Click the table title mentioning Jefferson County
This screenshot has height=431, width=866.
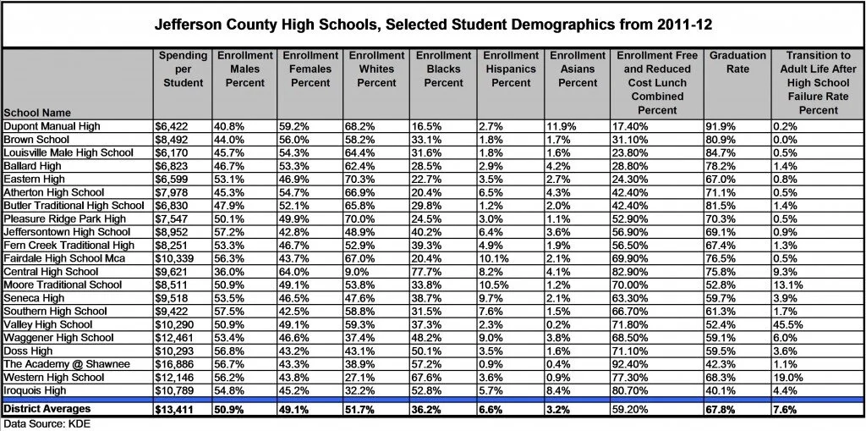pyautogui.click(x=432, y=25)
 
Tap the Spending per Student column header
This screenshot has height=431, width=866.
pyautogui.click(x=183, y=69)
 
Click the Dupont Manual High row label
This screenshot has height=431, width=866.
pyautogui.click(x=52, y=126)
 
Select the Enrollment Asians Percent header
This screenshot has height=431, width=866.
pyautogui.click(x=578, y=69)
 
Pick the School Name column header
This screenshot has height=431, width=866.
pyautogui.click(x=36, y=113)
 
